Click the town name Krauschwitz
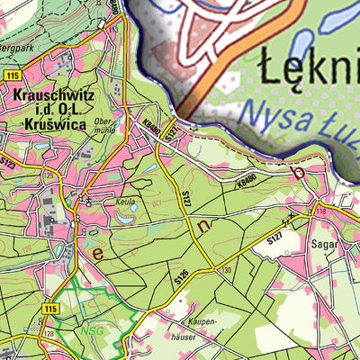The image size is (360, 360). click(55, 94)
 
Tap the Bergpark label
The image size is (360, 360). click(16, 42)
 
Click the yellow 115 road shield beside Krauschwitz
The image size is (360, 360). click(11, 76)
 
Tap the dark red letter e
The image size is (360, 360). click(97, 255)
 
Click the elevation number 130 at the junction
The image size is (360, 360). click(226, 269)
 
